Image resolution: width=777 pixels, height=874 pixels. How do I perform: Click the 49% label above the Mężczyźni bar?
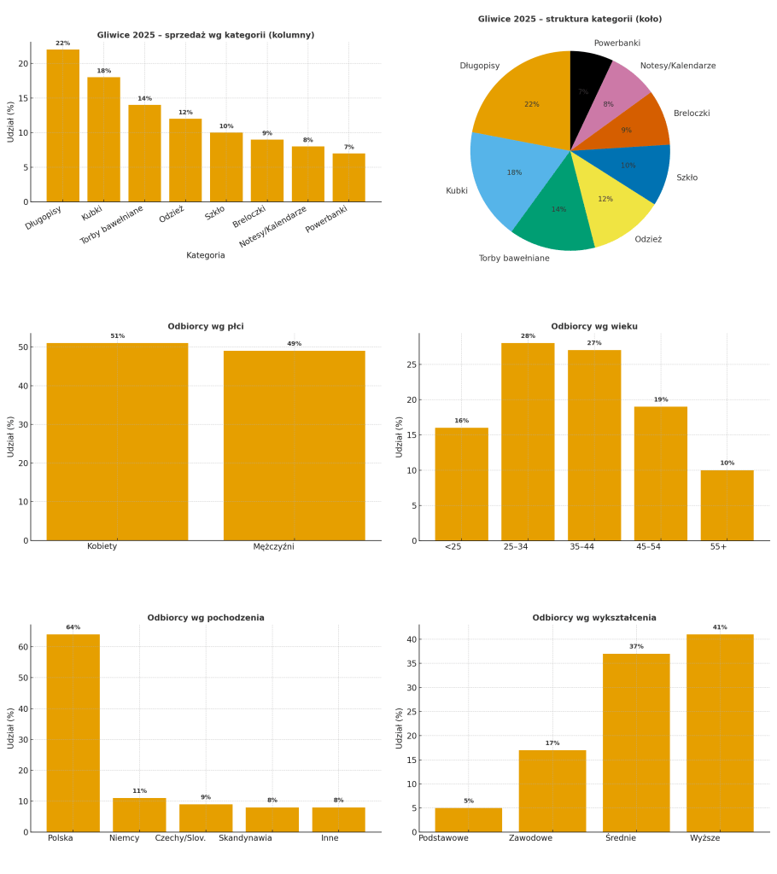click(x=294, y=344)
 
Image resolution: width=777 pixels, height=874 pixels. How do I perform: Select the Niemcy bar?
click(x=139, y=815)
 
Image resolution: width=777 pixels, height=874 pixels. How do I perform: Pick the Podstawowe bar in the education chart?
click(x=468, y=820)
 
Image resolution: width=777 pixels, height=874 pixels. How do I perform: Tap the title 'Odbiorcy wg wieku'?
click(x=594, y=326)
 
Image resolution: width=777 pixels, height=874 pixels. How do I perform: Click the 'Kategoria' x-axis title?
click(x=206, y=255)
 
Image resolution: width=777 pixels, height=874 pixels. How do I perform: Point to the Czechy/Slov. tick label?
click(x=180, y=838)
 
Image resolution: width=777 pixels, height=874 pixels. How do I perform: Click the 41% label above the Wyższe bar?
click(x=720, y=627)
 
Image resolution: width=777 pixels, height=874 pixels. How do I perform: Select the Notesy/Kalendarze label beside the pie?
click(x=678, y=66)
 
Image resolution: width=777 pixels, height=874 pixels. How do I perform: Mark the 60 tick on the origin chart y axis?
click(x=23, y=647)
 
